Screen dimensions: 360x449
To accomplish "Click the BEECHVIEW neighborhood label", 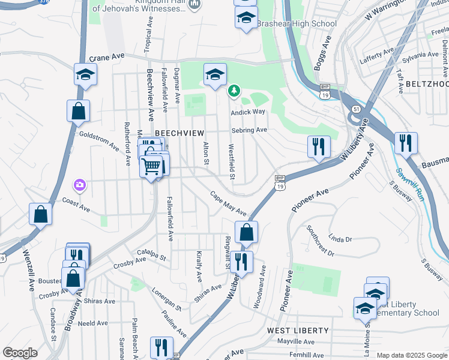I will pos(179,133).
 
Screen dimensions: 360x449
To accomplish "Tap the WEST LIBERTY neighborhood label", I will pos(298,331).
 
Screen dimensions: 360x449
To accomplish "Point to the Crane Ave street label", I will pos(107,58).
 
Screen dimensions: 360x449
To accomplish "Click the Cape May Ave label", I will pos(228,204).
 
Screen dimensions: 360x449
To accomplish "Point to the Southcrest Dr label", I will pos(320,241).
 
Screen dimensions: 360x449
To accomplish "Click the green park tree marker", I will pos(234,91).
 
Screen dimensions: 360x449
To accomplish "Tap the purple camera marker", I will pos(80,185).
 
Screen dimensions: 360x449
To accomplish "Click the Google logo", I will pos(20,353).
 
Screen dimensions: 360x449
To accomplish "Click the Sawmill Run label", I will pos(399,184).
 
